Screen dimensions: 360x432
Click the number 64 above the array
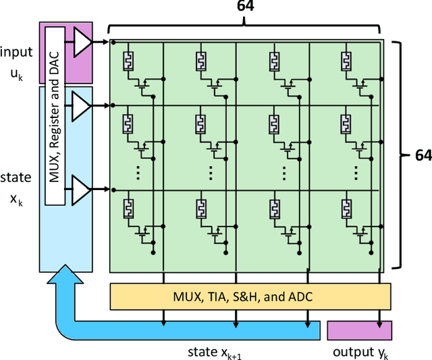pyautogui.click(x=246, y=8)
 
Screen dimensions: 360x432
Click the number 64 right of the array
pyautogui.click(x=422, y=156)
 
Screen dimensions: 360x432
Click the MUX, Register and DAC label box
pyautogui.click(x=55, y=116)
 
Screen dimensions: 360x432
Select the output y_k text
pyautogui.click(x=358, y=351)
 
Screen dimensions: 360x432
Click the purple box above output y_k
pyautogui.click(x=358, y=330)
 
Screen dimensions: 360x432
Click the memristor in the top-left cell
pyautogui.click(x=126, y=61)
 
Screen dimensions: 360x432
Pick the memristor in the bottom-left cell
pyautogui.click(x=126, y=208)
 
